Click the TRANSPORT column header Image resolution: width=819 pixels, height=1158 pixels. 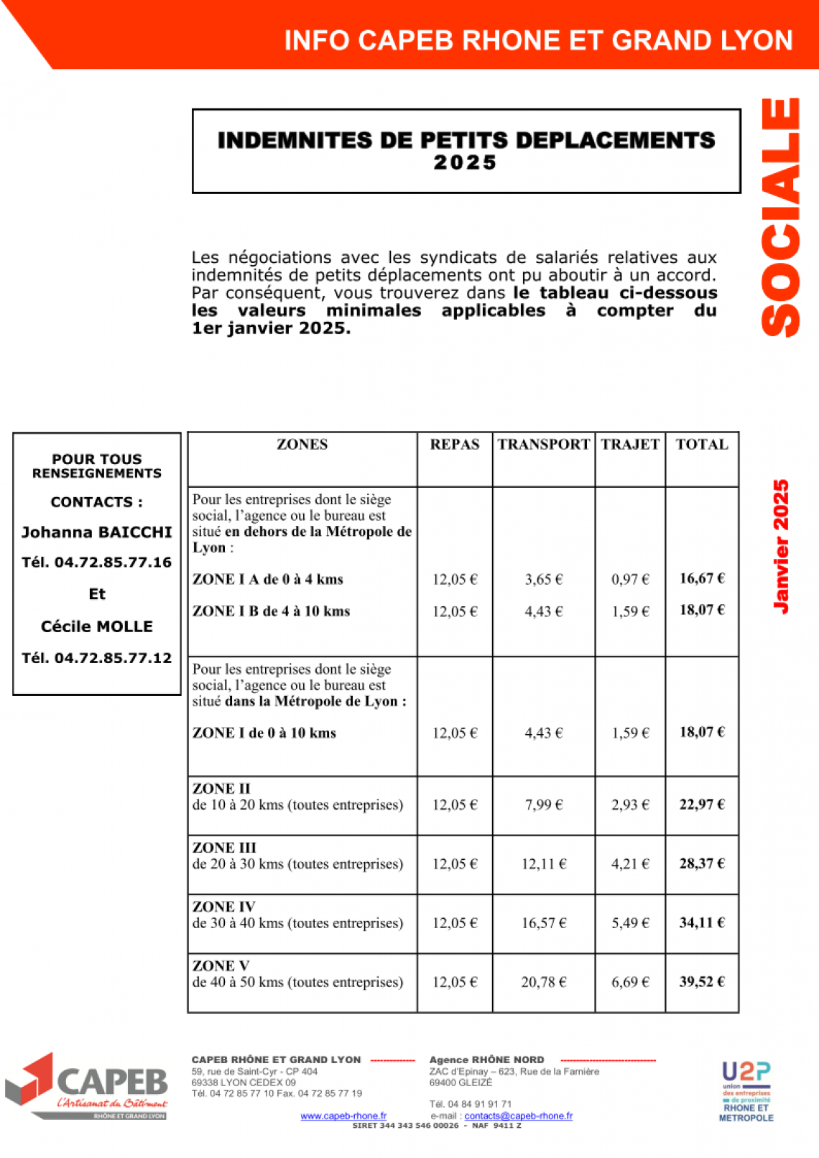point(543,445)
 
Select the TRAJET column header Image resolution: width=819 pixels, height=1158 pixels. point(630,445)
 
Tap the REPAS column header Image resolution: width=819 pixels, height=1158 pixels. point(455,445)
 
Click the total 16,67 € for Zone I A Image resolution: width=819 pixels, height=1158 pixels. point(702,578)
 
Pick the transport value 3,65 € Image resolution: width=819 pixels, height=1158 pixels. point(544,580)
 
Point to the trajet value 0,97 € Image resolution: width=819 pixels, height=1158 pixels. point(630,580)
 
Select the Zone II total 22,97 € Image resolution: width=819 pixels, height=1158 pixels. point(702,805)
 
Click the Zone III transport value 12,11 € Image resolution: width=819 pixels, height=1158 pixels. point(544,864)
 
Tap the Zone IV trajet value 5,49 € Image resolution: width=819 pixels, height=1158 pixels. point(630,923)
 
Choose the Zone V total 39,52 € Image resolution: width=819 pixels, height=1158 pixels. point(702,982)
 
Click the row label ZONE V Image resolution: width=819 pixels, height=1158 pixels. point(221,966)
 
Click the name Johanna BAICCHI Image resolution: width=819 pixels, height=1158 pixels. point(97,532)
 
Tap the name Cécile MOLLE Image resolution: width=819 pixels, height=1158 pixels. point(97,626)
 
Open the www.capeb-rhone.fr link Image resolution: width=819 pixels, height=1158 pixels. point(343,1116)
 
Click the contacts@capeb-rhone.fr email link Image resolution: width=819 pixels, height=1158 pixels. point(519,1116)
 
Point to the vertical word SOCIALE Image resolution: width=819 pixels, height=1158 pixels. point(781,217)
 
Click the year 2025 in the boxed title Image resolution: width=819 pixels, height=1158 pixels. point(466,163)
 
